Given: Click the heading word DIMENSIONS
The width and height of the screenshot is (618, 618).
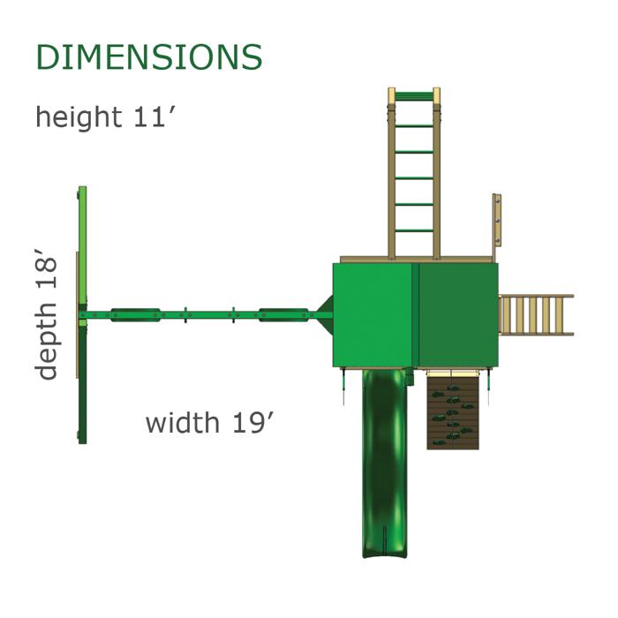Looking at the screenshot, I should click(x=148, y=57).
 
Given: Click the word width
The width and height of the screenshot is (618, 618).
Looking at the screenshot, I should click(x=182, y=422).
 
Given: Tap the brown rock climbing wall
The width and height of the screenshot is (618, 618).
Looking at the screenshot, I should click(x=453, y=411).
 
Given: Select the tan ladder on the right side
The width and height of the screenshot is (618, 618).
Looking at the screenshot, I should click(x=535, y=315).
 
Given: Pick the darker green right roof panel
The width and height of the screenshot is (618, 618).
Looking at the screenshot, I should click(x=458, y=314).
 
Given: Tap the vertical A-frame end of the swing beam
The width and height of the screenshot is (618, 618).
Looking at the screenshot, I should click(x=82, y=314).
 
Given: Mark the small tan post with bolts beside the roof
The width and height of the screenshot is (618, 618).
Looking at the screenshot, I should click(x=497, y=221).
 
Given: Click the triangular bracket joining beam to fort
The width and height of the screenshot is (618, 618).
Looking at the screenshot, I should click(x=324, y=313).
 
